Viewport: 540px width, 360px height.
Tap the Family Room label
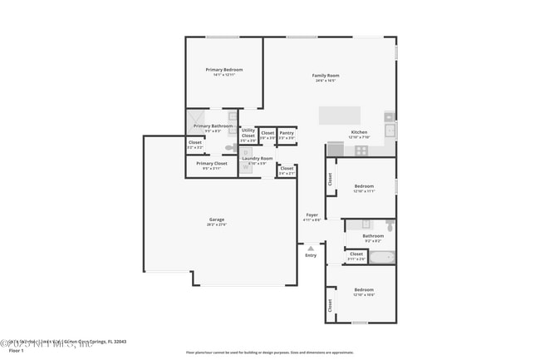click(x=326, y=76)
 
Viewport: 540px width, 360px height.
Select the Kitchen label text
click(x=359, y=133)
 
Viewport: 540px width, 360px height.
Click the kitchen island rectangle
click(x=341, y=115)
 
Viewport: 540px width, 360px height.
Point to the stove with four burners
click(x=361, y=150)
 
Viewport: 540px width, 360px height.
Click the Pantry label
click(x=287, y=132)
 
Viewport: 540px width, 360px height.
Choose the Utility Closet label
click(x=248, y=132)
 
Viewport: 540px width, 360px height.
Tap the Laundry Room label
click(x=258, y=158)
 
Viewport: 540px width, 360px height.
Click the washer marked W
click(x=233, y=153)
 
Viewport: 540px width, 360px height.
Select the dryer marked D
click(x=233, y=164)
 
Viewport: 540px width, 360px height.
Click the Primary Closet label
click(x=211, y=164)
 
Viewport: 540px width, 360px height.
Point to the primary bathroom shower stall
click(x=198, y=119)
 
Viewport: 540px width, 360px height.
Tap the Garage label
click(x=217, y=220)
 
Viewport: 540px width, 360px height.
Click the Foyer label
click(x=312, y=215)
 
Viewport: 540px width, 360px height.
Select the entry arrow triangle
click(x=311, y=248)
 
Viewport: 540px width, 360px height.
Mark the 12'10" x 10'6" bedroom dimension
click(x=365, y=295)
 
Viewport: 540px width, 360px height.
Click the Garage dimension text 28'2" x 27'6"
click(x=217, y=225)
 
